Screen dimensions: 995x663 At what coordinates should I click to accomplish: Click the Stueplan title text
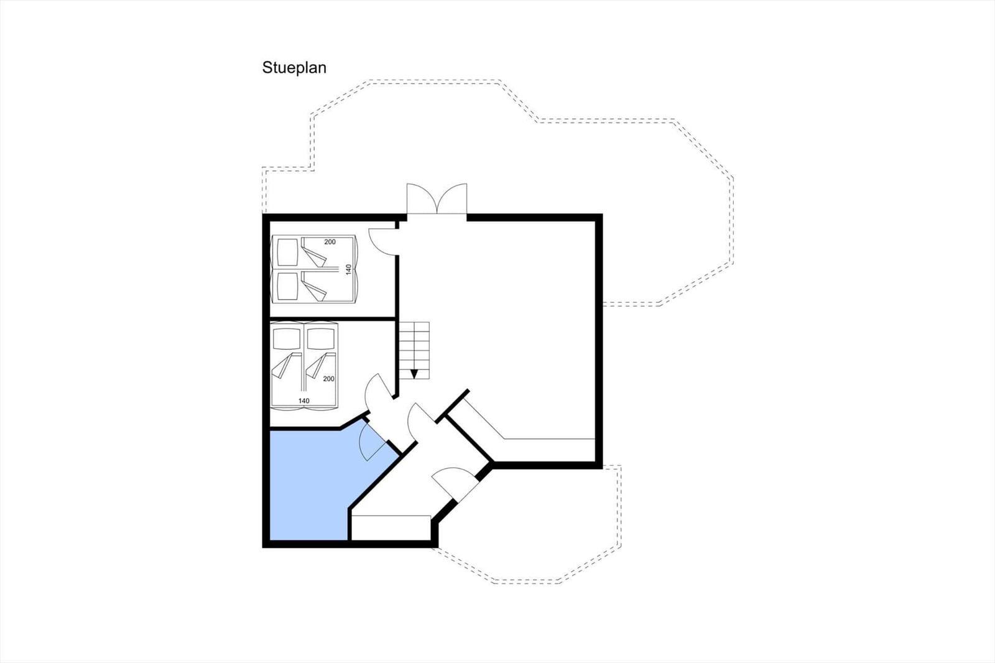[294, 68]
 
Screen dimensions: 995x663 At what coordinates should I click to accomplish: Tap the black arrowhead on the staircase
[414, 374]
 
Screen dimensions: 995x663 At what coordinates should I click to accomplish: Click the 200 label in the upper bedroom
[330, 242]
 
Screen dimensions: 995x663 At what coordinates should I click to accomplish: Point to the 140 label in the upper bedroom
[349, 269]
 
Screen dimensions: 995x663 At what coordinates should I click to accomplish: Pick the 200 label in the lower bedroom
[329, 379]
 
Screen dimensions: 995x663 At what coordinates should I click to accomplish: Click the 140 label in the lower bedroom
[304, 401]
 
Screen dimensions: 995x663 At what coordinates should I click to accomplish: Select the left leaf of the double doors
[422, 198]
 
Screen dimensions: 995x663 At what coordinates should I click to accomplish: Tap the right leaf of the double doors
[452, 198]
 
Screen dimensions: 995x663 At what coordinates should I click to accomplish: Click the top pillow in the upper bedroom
[287, 252]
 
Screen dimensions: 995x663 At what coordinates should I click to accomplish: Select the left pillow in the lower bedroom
[287, 339]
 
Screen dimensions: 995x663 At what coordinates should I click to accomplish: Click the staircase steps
[414, 351]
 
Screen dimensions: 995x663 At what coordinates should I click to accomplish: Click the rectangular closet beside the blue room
[391, 528]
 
